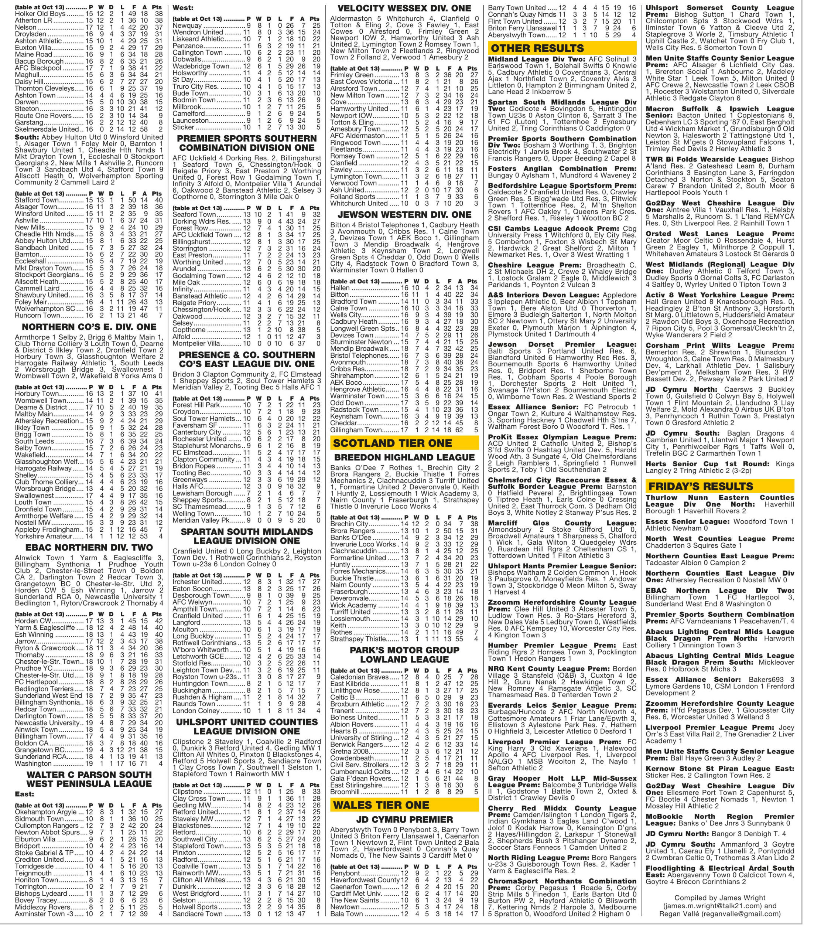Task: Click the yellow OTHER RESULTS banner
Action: [562, 48]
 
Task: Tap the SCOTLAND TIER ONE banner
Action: [404, 443]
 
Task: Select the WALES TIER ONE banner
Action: [404, 805]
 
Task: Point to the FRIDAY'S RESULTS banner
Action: [719, 486]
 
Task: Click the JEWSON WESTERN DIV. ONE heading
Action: [404, 215]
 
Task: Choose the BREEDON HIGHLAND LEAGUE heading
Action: [404, 457]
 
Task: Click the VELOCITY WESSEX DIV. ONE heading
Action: [404, 8]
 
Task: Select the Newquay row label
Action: [187, 26]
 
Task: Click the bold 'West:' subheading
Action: [182, 8]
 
